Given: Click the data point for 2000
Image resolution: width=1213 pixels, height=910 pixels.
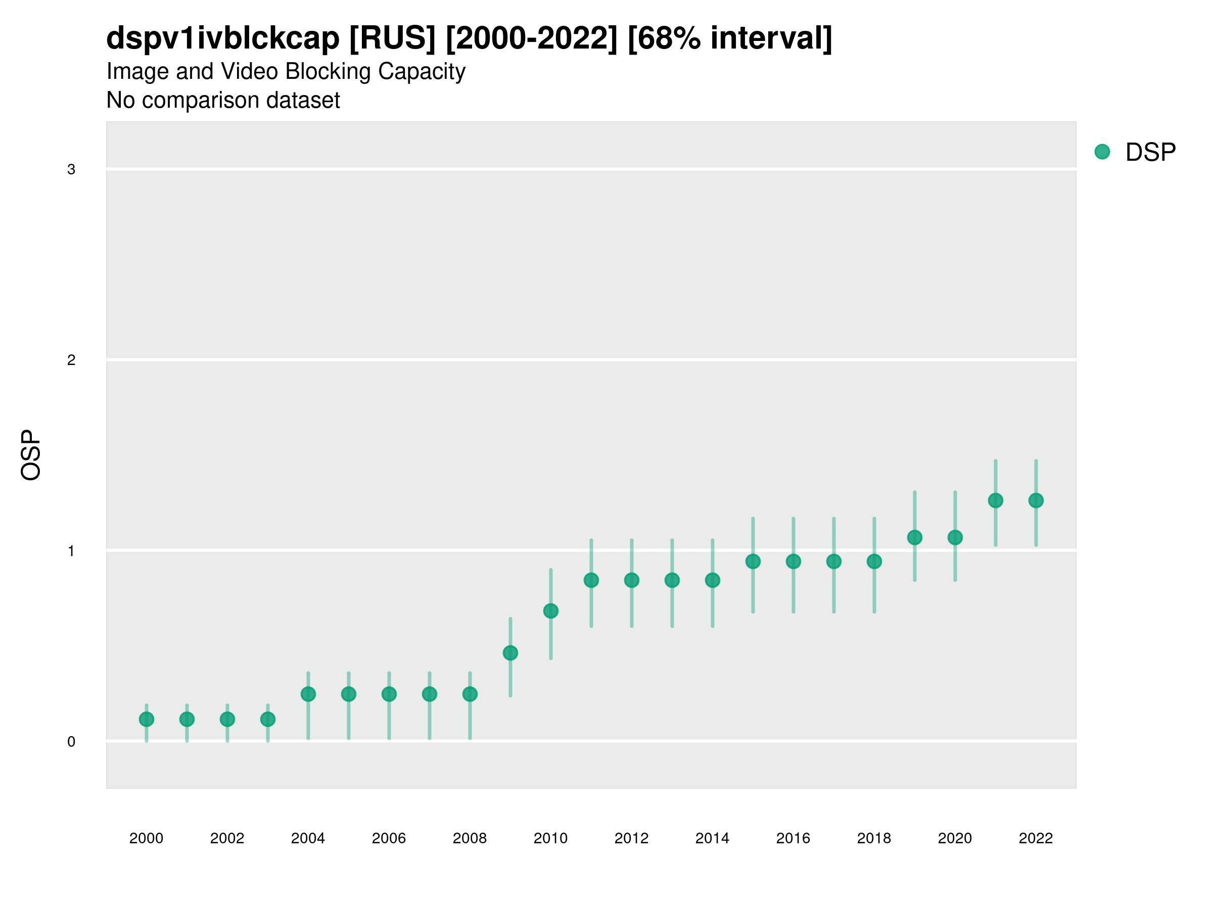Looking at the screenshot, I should point(147,719).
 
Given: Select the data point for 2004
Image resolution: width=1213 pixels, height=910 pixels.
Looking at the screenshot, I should point(308,694).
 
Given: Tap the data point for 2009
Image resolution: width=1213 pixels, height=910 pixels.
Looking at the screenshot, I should point(510,653).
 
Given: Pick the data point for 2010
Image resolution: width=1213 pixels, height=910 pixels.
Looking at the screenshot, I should point(550,611).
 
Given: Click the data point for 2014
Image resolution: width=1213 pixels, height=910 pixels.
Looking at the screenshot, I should point(712,580).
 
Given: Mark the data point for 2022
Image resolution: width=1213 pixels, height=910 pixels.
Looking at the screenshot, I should point(1036,500).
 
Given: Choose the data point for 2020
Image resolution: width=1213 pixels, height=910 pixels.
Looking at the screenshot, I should point(955,537).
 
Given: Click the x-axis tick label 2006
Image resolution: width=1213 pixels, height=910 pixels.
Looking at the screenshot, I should point(389,838).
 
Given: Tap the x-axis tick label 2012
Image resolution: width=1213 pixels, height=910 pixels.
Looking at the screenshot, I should point(631,838).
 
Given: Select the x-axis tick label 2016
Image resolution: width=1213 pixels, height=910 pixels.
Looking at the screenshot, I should point(793,838).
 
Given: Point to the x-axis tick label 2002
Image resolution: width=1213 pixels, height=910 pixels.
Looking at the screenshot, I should point(227,838).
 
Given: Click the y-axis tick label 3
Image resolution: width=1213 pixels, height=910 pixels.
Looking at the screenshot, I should point(71,169).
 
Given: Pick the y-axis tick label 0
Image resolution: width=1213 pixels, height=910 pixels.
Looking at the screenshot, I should point(71,742).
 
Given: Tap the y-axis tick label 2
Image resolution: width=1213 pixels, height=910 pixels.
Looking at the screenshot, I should point(71,360).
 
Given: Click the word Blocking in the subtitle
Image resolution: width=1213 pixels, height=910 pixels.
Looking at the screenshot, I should point(328,71).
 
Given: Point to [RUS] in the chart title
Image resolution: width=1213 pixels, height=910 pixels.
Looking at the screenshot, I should point(392,38).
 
